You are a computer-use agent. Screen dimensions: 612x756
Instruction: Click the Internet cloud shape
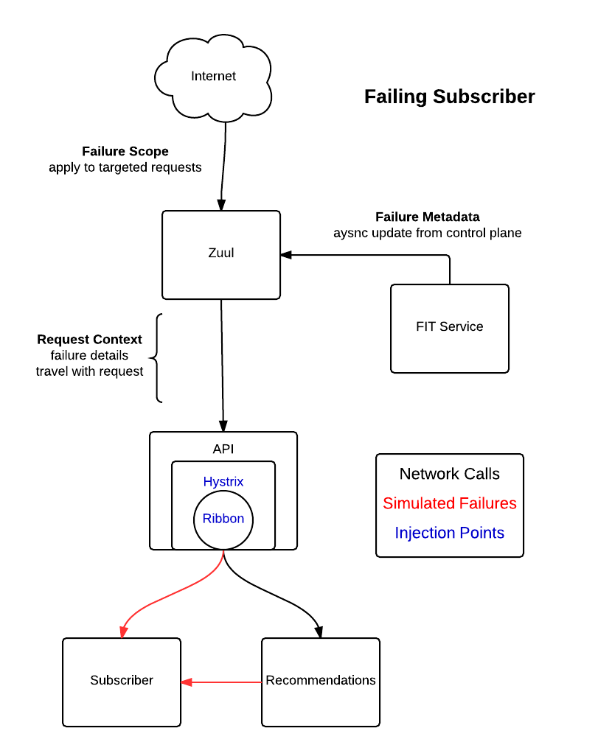(x=213, y=77)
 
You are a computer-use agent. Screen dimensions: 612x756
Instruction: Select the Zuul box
(x=221, y=254)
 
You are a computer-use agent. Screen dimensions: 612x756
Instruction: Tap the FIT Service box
(x=449, y=329)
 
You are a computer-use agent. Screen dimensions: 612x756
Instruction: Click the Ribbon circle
(x=223, y=519)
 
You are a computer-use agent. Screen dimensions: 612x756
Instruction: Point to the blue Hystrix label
(x=223, y=482)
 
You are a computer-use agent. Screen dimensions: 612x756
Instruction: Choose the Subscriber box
(x=122, y=682)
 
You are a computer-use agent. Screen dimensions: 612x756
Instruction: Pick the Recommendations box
(x=321, y=682)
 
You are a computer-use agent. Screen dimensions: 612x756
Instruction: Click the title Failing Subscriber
(x=449, y=97)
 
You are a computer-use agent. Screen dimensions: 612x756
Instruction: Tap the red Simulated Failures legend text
(x=449, y=503)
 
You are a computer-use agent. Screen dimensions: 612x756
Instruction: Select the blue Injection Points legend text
(x=449, y=532)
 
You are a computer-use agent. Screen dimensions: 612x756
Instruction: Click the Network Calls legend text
(x=449, y=474)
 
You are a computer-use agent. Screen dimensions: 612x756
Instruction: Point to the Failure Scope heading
(x=125, y=151)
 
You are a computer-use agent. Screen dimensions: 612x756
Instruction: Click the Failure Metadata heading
(x=428, y=217)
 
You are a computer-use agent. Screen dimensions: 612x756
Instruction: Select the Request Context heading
(x=89, y=340)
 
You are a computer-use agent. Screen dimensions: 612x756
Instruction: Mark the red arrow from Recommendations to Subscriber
(x=221, y=682)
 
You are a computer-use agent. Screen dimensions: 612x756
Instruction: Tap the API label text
(x=223, y=449)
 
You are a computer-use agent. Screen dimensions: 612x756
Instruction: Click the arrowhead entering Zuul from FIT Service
(x=286, y=255)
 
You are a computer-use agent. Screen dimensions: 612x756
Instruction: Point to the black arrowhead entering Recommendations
(x=319, y=631)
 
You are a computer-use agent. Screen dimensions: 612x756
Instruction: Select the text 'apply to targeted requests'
(x=125, y=167)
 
